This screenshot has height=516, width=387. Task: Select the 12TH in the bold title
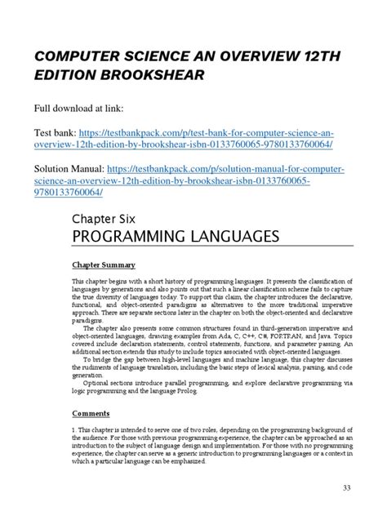pyautogui.click(x=306, y=55)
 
